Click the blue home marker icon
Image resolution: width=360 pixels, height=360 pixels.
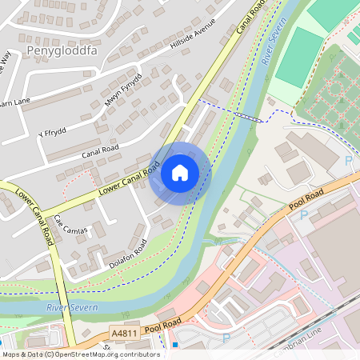180,173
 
